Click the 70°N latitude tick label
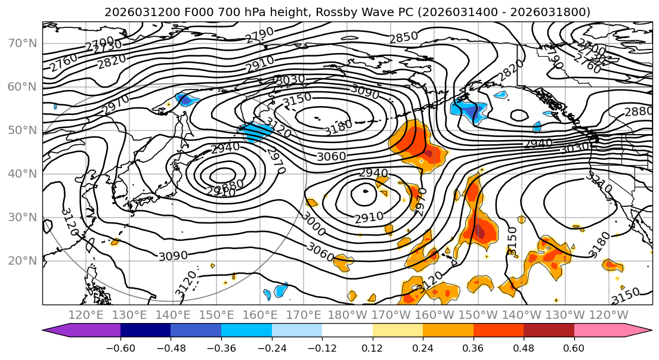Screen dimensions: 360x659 coord(23,43)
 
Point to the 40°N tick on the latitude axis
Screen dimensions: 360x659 coord(23,173)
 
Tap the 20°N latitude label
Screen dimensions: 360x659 coord(23,260)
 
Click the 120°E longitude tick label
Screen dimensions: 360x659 coord(87,315)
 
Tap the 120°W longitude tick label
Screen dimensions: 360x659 coord(608,315)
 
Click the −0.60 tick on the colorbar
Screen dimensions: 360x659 coord(120,348)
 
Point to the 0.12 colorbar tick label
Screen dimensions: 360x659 coord(372,348)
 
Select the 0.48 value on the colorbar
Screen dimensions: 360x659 coord(524,348)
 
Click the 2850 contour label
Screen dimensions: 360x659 coord(404,38)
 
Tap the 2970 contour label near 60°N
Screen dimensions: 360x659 coord(115,105)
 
